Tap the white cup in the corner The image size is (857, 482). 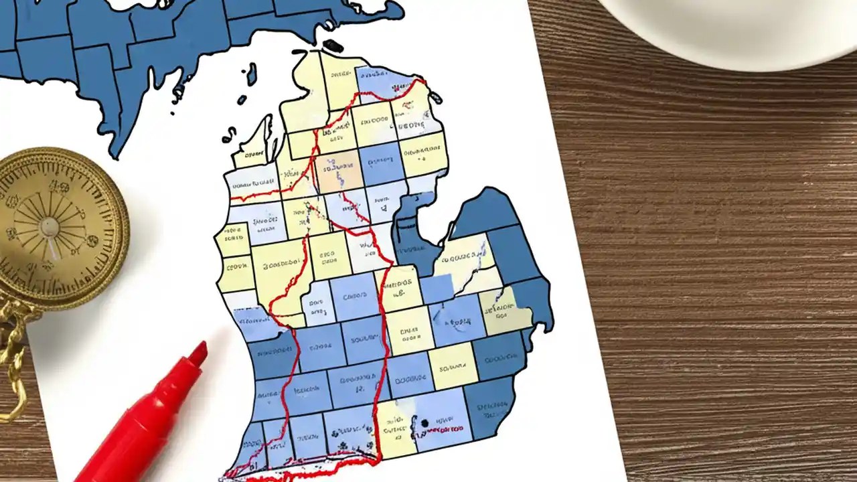(x=730, y=27)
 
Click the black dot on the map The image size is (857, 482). (x=424, y=422)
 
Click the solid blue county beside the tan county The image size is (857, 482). (x=382, y=164)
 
